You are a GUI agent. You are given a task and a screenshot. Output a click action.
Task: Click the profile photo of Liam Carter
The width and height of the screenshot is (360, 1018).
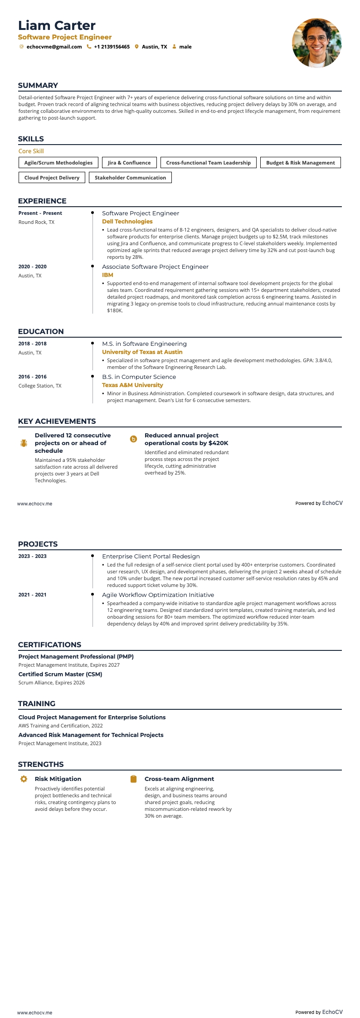click(316, 43)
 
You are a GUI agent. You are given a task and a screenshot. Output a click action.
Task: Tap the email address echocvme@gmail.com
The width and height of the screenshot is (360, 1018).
click(54, 47)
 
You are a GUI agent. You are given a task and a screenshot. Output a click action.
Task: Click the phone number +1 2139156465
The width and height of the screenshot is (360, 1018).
click(112, 47)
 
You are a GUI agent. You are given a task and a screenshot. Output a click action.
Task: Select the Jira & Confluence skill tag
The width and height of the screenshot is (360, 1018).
click(129, 163)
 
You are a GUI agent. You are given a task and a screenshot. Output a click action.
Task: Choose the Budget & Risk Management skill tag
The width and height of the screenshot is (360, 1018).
click(300, 163)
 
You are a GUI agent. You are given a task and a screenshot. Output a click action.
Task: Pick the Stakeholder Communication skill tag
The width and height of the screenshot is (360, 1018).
click(130, 178)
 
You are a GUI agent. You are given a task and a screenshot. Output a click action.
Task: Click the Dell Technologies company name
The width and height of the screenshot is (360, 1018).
click(127, 222)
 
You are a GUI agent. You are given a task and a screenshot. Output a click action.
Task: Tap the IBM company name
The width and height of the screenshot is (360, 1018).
click(107, 275)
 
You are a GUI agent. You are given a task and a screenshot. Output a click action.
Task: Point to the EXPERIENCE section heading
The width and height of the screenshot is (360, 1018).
click(42, 201)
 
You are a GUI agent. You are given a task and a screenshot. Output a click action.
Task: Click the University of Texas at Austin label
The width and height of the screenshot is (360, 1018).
click(142, 352)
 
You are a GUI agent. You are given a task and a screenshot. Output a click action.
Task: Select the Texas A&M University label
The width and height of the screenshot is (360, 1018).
click(132, 385)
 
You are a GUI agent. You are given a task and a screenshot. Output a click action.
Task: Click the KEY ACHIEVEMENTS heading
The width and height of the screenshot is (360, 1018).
click(57, 421)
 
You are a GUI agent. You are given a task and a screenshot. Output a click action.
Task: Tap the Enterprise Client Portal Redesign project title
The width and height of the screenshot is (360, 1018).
click(151, 556)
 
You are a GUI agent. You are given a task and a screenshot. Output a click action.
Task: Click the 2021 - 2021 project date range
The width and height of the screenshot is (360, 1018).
click(32, 595)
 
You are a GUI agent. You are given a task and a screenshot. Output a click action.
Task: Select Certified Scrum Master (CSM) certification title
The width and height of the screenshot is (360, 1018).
click(60, 674)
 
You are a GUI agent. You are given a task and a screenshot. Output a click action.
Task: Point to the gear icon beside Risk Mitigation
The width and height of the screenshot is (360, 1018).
click(24, 779)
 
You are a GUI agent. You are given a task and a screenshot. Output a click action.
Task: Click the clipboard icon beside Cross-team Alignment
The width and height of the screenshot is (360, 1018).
click(133, 779)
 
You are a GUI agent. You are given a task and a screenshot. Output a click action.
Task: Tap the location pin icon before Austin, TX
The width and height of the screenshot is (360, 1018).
click(136, 47)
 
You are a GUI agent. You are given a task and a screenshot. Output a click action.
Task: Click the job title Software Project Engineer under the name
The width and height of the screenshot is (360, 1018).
click(65, 37)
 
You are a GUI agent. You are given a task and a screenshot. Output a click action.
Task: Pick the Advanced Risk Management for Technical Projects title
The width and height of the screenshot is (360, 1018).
click(91, 735)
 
